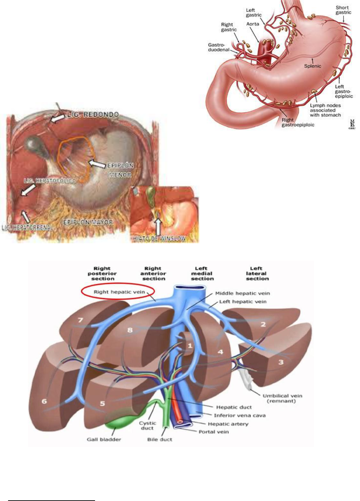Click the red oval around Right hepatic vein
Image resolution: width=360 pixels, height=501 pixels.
pos(119,292)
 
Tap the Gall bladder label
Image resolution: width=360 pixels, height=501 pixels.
pos(104,440)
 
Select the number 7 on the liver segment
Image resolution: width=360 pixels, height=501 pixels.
pos(80,320)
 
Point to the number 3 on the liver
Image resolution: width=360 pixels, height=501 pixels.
pos(281,362)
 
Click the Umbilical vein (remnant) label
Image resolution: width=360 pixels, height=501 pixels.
pos(282,398)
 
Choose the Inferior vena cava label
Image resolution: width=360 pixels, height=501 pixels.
pos(239,415)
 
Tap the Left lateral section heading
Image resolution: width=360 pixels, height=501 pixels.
pos(257,274)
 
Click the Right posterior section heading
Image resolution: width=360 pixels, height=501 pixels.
pos(102,274)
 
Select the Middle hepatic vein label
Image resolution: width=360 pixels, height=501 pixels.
pos(242,293)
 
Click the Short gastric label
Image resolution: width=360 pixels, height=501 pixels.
pos(343,10)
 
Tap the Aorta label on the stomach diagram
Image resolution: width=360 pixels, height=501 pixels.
pos(253,24)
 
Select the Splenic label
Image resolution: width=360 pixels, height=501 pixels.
pos(312,66)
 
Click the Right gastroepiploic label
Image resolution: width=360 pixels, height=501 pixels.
pos(298,122)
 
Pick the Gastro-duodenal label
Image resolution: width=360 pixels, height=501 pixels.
pos(218,47)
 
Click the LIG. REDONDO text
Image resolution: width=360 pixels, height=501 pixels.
pos(93,115)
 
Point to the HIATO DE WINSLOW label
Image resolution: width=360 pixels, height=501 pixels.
pos(160,239)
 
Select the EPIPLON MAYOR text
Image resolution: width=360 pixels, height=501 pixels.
pos(88,222)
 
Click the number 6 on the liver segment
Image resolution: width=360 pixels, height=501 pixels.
pos(44,401)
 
